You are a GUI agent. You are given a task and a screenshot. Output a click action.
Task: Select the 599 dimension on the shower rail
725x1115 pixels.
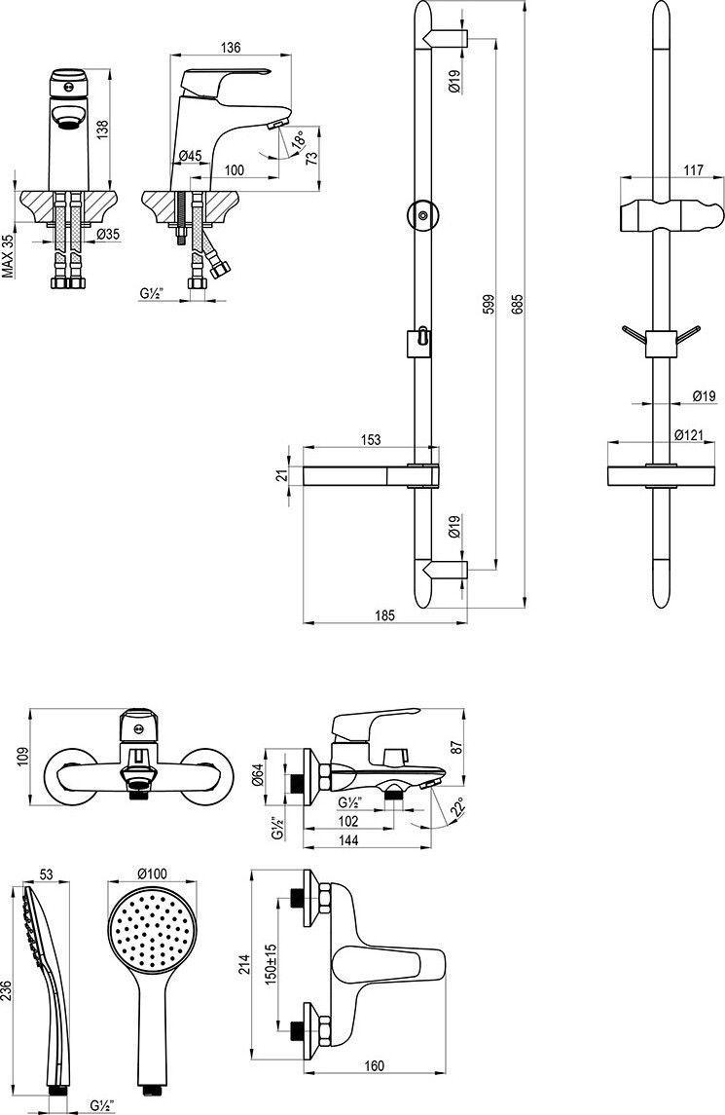click(x=489, y=304)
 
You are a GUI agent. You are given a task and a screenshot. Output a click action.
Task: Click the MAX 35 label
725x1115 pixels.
click(x=8, y=255)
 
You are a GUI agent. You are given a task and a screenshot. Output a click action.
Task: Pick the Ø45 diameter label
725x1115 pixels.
click(x=190, y=156)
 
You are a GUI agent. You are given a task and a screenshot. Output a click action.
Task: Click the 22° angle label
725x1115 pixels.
click(x=459, y=806)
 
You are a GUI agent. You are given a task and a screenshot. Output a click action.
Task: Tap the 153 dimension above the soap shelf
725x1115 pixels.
click(x=369, y=440)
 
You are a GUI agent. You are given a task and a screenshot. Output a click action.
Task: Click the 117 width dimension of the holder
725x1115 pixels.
click(x=667, y=170)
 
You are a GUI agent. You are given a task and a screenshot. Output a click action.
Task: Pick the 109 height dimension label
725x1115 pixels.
click(x=22, y=757)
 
